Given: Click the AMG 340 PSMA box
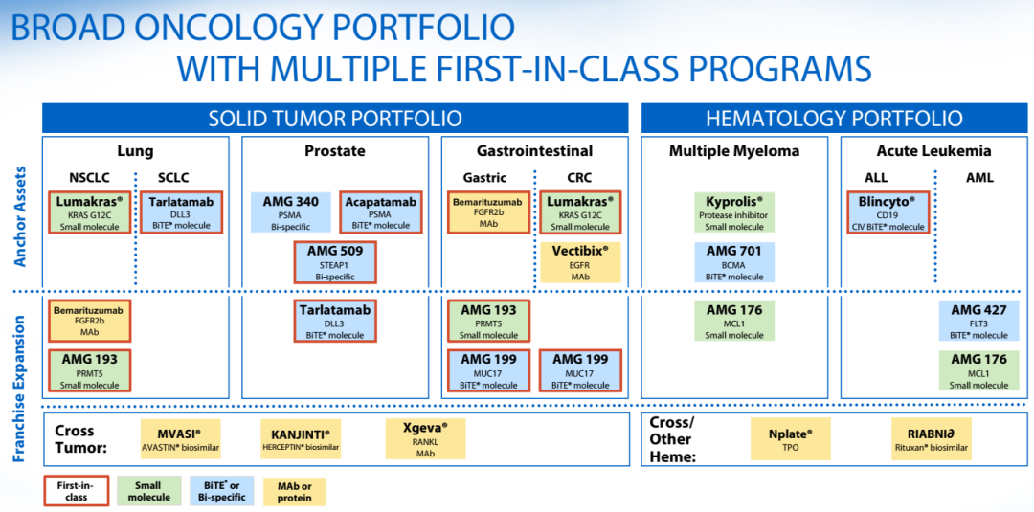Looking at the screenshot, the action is [x=290, y=212].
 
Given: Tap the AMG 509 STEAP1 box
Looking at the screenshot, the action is [x=334, y=262].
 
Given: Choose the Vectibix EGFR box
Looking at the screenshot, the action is [x=579, y=263].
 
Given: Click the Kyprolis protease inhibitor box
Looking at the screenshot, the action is [x=734, y=212].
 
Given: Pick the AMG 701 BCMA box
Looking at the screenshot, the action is [x=734, y=262].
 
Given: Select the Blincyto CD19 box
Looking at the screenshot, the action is [x=888, y=212].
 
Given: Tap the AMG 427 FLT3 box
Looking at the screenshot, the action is [x=978, y=321].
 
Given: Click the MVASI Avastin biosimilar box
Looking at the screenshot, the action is [x=180, y=439].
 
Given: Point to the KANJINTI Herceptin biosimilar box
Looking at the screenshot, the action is [x=301, y=439].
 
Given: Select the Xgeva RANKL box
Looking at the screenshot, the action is [x=425, y=439].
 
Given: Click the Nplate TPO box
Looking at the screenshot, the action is [x=791, y=438].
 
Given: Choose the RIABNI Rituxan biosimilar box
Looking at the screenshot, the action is [x=931, y=438].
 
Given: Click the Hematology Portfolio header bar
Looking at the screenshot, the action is [x=834, y=118].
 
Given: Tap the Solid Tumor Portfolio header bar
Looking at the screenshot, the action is [x=335, y=118].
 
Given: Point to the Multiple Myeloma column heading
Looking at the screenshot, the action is [x=734, y=151].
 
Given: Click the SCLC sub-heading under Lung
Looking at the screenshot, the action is [x=172, y=178].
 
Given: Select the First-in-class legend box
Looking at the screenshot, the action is [x=76, y=491].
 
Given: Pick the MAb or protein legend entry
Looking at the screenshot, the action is [x=295, y=491].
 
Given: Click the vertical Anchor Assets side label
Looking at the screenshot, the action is [x=20, y=215].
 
